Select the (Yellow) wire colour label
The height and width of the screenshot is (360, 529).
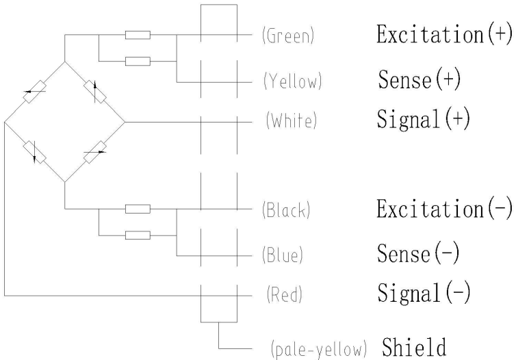[x=292, y=83]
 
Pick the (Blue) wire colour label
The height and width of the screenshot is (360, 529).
[x=283, y=255]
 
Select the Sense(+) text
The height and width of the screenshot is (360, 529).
[x=420, y=81]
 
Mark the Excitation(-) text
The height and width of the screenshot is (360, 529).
[x=444, y=209]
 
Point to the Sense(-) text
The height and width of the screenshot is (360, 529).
[x=420, y=254]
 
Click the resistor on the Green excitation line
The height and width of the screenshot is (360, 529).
[x=138, y=34]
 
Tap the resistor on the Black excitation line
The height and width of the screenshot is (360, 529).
[x=138, y=208]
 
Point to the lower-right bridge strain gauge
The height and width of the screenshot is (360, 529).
[x=94, y=152]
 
